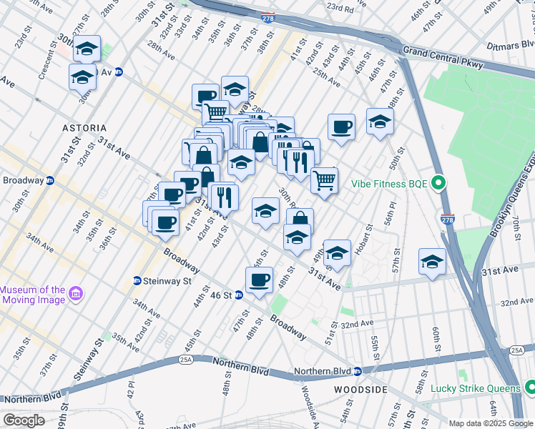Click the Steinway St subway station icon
click(x=137, y=281)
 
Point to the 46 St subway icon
click(x=239, y=295)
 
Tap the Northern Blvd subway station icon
click(x=357, y=371)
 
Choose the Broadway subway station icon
click(x=50, y=180)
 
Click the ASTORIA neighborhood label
click(x=84, y=128)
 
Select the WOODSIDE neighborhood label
click(x=360, y=390)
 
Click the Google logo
click(x=24, y=420)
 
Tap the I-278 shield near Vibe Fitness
click(x=447, y=217)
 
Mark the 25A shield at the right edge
click(x=517, y=350)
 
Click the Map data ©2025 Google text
click(x=491, y=423)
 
